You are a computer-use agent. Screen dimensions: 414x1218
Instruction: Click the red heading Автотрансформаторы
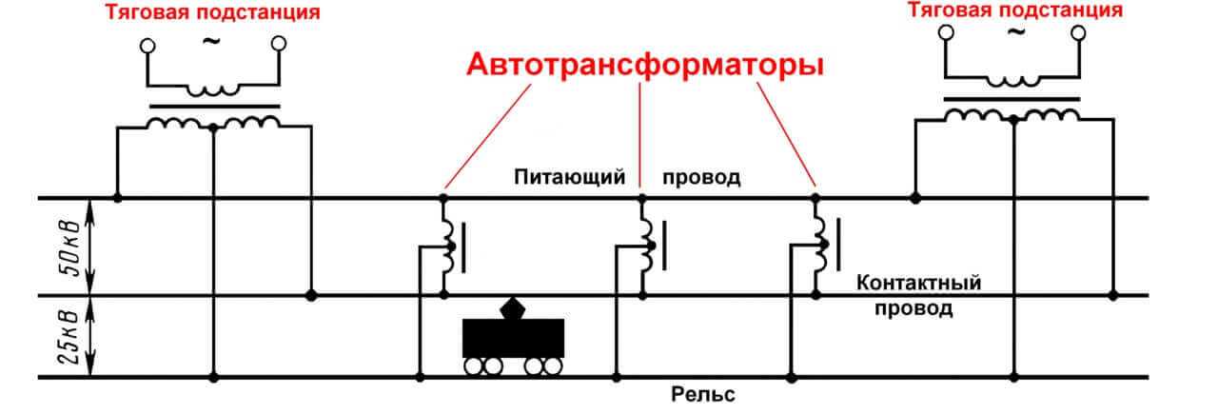click(643, 66)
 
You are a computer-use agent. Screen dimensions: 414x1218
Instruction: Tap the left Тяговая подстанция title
click(212, 13)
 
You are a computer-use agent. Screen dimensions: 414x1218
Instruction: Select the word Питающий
click(569, 177)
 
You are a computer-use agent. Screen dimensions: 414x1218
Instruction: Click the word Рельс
click(703, 395)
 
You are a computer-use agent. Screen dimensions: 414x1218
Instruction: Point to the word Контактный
click(918, 284)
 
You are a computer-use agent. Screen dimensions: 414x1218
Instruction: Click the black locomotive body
click(513, 338)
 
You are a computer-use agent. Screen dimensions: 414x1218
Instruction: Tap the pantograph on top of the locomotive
click(513, 307)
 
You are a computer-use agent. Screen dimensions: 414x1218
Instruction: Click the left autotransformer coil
click(447, 246)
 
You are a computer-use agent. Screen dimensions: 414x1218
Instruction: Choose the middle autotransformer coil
click(647, 246)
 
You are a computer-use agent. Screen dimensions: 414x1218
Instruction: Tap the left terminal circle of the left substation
click(147, 45)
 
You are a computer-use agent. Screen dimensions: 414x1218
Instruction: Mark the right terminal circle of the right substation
click(1078, 33)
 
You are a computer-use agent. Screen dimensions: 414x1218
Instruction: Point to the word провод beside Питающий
click(701, 178)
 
